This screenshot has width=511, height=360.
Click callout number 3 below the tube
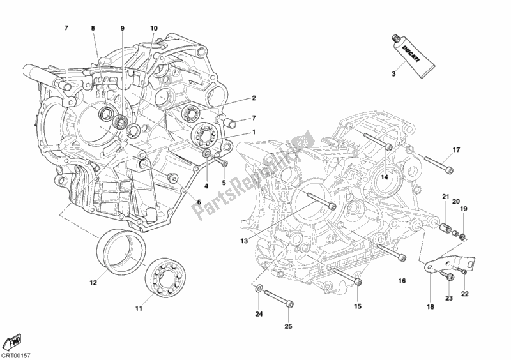pos(394,75)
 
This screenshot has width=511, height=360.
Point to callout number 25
pos(288,327)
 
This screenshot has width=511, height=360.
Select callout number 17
pos(457,151)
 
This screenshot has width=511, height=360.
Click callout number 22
pos(465,294)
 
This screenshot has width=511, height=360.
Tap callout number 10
pos(153,29)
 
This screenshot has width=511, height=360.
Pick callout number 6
pos(199,202)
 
